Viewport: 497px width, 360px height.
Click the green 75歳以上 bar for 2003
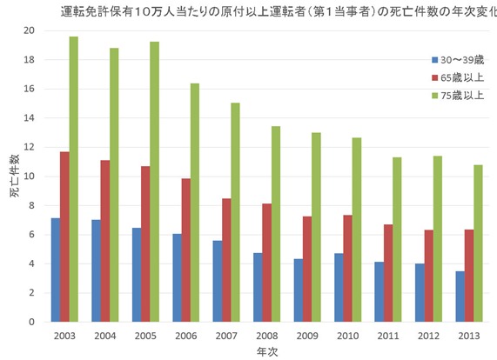(73, 179)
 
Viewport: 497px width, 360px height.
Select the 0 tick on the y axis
(30, 322)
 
